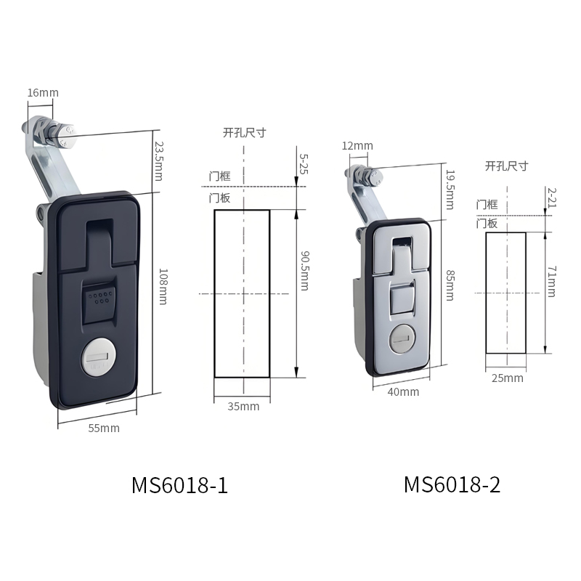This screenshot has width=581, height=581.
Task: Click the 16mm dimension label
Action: [43, 93]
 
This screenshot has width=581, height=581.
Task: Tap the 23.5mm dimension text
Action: [159, 161]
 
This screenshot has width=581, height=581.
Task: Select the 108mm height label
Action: [163, 287]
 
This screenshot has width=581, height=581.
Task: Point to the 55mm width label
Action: [104, 428]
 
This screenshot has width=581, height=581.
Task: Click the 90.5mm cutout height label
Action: [304, 271]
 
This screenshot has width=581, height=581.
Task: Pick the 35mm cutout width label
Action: [243, 407]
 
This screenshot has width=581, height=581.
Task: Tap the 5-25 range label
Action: [304, 164]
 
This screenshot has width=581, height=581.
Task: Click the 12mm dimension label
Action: [357, 146]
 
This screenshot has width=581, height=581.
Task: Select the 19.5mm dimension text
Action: [450, 190]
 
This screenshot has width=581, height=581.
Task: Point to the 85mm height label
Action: [450, 285]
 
